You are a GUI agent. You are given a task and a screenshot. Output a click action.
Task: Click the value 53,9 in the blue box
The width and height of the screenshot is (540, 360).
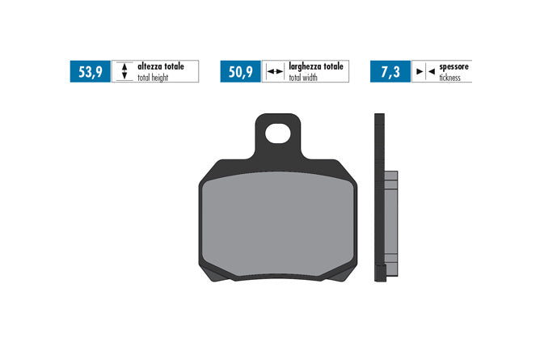point(91,72)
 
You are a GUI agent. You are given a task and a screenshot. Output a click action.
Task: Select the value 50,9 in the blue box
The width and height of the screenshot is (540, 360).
point(241,72)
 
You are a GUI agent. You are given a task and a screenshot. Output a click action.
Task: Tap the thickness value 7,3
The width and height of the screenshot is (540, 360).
point(390,72)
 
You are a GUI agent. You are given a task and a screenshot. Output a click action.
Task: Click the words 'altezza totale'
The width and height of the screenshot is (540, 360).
point(161,66)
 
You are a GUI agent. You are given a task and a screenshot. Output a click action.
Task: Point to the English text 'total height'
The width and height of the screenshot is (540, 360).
point(153,78)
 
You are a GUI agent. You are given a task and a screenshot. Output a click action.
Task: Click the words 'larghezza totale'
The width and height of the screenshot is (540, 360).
point(316,66)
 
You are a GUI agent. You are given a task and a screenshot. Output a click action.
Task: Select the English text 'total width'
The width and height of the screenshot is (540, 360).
point(303,78)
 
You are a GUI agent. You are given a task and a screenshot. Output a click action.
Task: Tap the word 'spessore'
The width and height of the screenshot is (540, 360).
point(454,67)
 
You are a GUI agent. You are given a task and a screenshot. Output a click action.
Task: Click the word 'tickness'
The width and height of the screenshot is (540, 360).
point(449,78)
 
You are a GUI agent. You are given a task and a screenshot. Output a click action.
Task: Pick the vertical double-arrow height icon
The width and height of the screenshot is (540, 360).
point(124,71)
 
